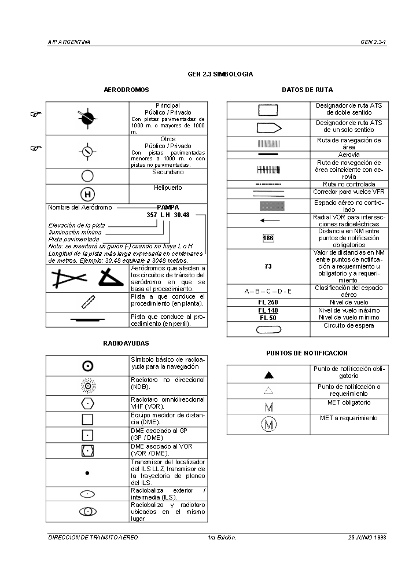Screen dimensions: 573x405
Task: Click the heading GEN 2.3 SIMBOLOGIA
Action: point(220,75)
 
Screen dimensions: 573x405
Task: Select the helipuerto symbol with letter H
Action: point(87,194)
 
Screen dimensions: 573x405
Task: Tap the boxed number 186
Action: point(268,238)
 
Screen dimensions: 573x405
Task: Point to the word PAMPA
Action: point(168,207)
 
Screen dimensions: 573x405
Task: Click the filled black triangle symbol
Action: point(268,375)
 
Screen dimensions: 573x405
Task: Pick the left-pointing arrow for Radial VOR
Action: point(268,221)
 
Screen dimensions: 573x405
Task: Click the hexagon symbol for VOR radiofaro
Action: point(87,403)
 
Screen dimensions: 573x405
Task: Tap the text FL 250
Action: point(268,302)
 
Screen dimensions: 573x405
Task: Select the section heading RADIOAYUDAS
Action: point(126,343)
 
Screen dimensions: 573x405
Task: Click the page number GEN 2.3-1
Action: point(373,42)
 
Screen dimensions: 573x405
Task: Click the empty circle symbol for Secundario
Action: point(87,176)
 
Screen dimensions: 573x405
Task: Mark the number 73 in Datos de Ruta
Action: point(268,267)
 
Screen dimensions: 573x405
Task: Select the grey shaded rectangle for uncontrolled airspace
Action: point(268,205)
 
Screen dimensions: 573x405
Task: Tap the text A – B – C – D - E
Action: point(268,291)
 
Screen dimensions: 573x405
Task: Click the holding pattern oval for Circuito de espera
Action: point(268,329)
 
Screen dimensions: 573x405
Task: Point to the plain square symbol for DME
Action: point(87,419)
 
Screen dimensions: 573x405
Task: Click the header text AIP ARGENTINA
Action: point(69,42)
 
